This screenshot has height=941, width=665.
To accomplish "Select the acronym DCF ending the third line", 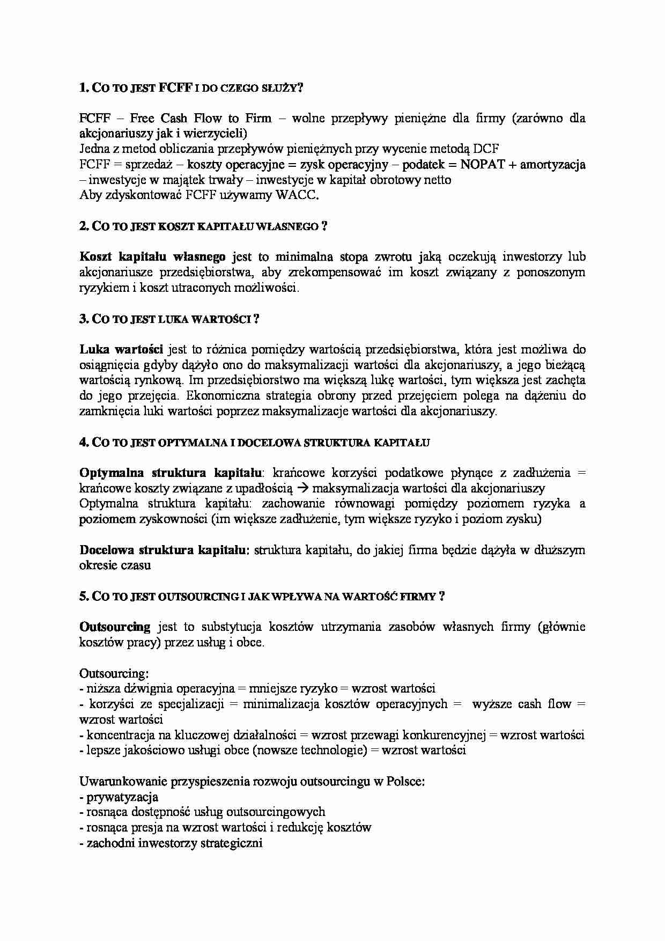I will [x=486, y=149].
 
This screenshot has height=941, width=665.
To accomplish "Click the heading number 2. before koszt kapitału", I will [x=84, y=226].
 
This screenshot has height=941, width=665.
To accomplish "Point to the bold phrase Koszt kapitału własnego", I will [x=152, y=257].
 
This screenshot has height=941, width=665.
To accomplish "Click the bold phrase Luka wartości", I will [x=121, y=350].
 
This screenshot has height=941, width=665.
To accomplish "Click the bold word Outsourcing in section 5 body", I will [x=115, y=627].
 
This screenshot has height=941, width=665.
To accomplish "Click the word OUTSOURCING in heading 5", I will [x=198, y=597].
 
